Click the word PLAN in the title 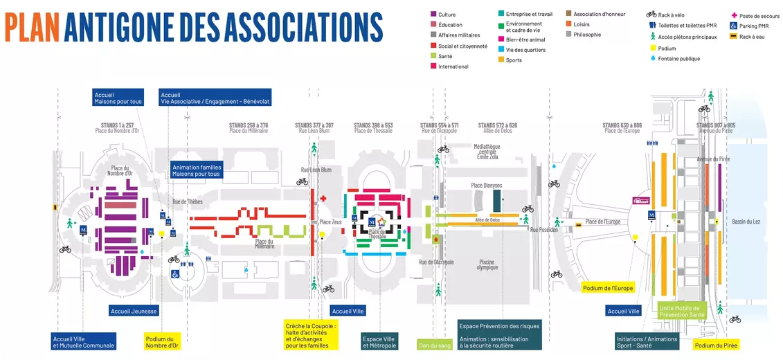pos(31,27)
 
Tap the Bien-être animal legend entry pos(525,40)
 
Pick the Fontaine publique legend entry pos(678,59)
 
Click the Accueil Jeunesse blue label pos(134,311)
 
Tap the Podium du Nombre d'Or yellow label pos(162,341)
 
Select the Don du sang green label pos(435,345)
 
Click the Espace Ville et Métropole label pos(379,341)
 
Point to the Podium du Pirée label pos(716,345)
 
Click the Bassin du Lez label pos(746,222)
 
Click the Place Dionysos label pos(487,186)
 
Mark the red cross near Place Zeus pos(324,199)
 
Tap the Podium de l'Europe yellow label pos(608,288)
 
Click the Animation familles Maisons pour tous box pos(196,170)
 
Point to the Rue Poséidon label pos(543,230)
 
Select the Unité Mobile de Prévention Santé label pos(682,311)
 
